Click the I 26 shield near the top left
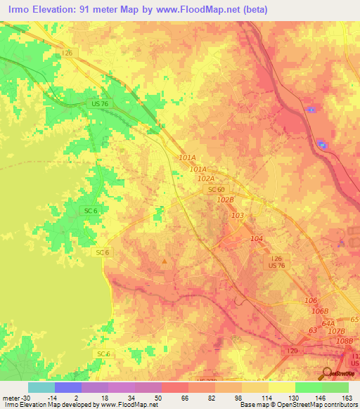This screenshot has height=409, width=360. coord(67,53)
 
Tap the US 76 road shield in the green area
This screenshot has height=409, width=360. coord(100,103)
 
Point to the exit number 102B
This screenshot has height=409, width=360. coord(225,200)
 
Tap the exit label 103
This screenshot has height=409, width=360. coord(238,216)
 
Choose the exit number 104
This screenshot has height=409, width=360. coord(257,240)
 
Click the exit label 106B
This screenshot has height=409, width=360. coord(320,311)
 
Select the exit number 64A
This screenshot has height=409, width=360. coord(328,323)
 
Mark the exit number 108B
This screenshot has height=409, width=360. coord(345,341)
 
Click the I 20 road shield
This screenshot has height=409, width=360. coord(292,349)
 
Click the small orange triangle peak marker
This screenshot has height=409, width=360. coord(165,262)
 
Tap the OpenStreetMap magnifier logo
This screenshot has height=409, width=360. coord(328,374)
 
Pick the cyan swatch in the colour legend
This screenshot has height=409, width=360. coord(41,387)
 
